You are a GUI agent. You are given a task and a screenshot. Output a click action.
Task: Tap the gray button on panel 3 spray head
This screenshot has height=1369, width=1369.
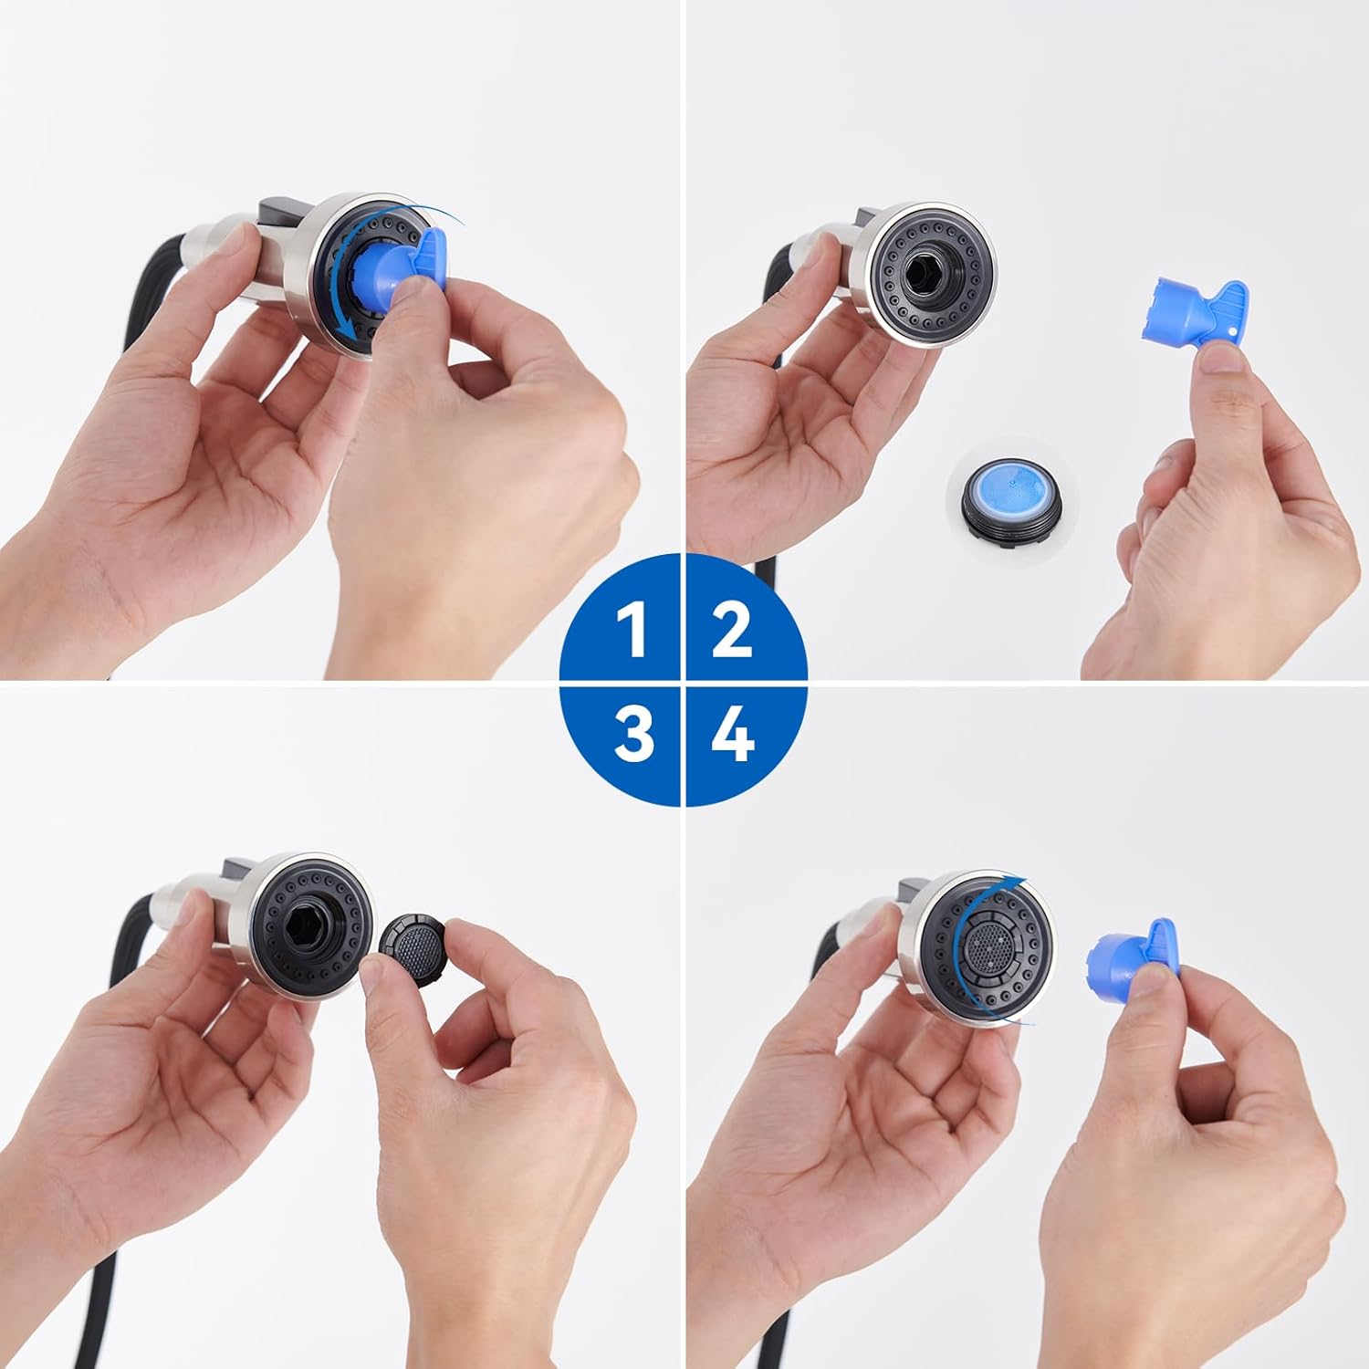click(x=239, y=870)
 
